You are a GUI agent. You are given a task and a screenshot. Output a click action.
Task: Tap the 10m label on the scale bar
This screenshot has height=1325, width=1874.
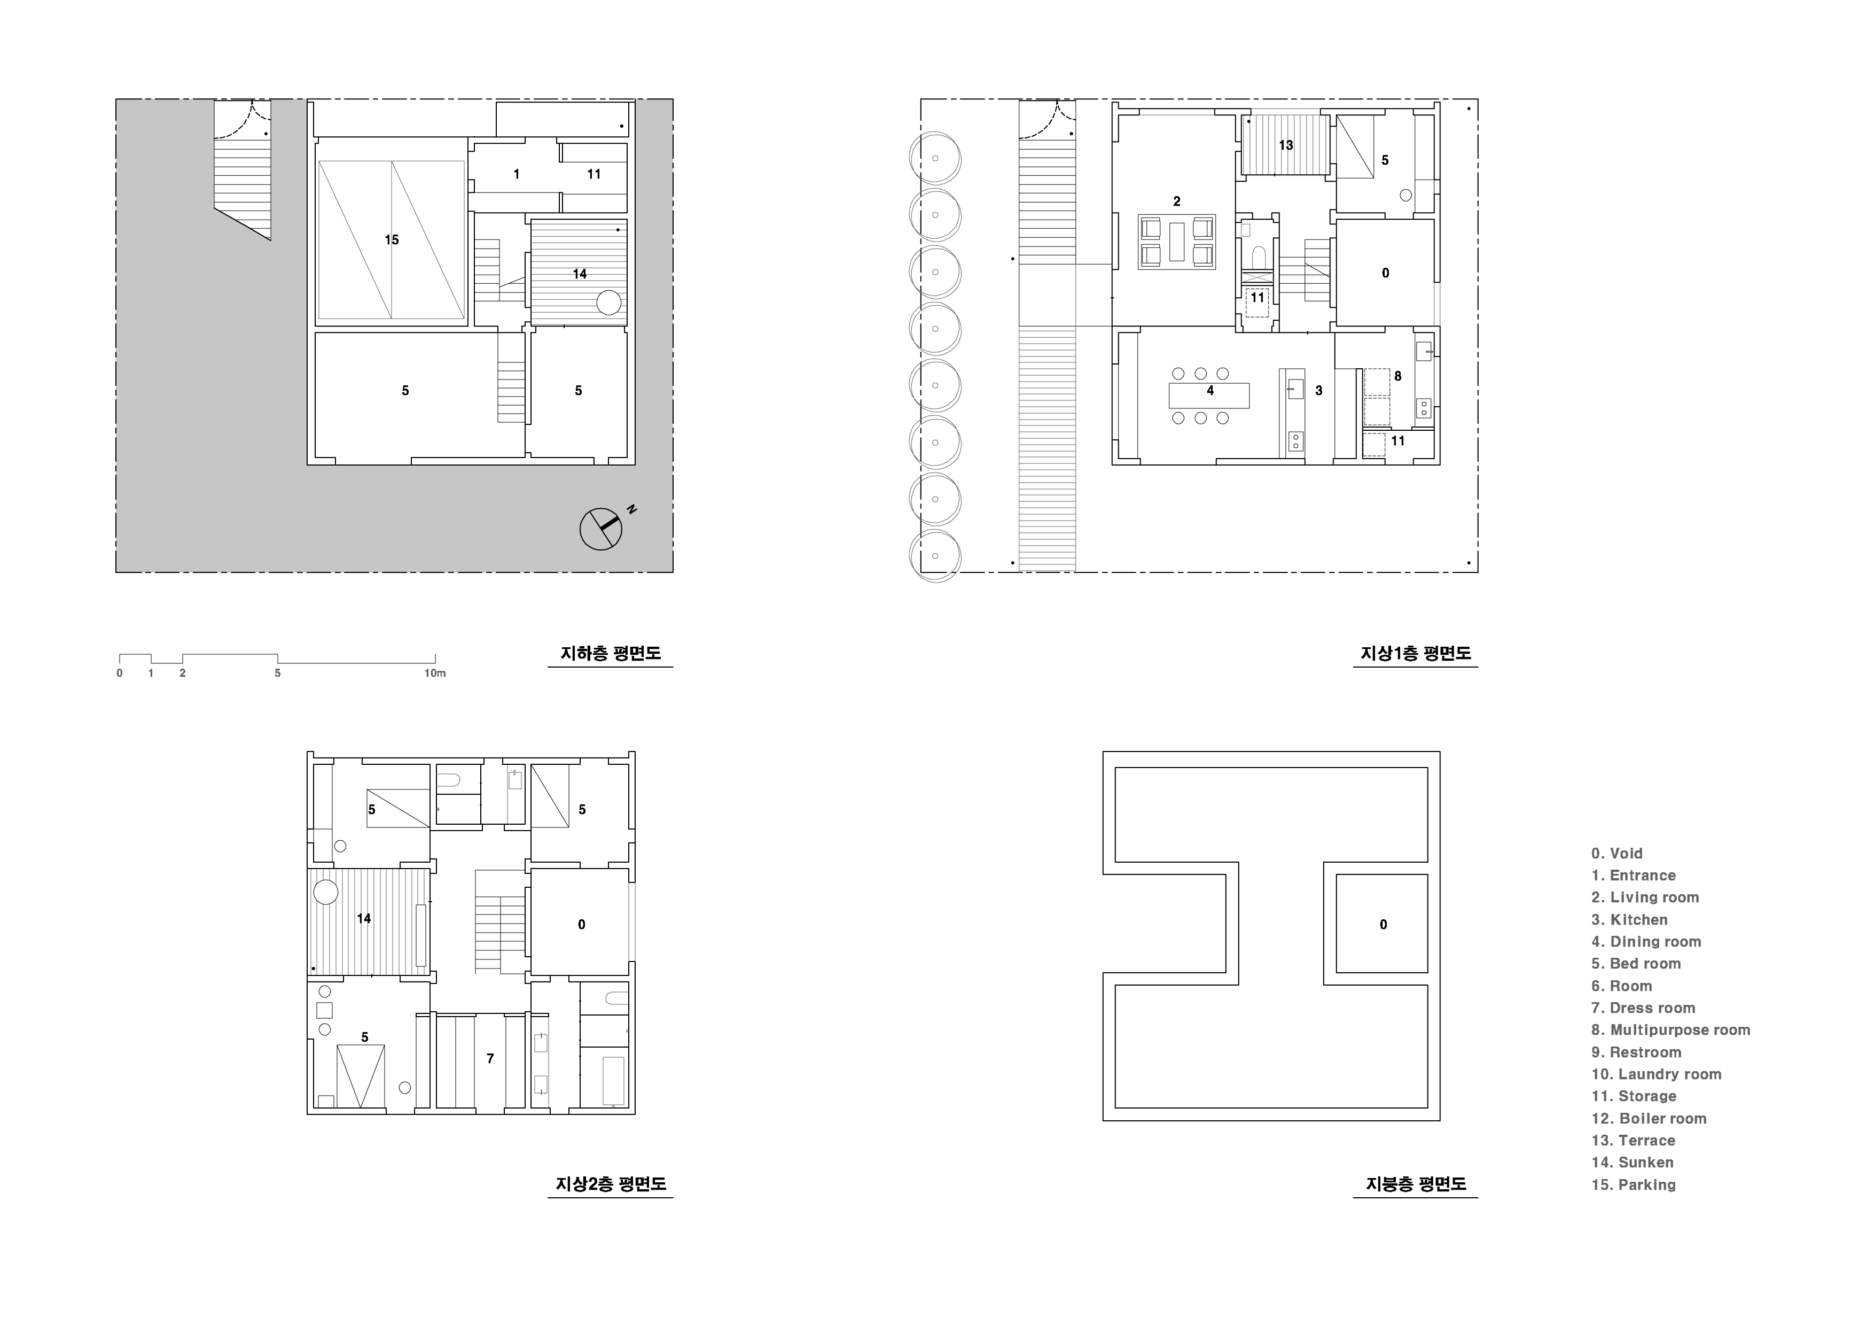point(435,673)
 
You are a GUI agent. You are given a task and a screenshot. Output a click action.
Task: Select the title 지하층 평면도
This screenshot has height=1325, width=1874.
point(611,654)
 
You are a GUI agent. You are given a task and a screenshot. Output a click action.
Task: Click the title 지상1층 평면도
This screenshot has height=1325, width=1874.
point(1415,654)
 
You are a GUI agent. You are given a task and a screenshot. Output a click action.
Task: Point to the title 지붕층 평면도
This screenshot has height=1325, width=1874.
point(1416,1184)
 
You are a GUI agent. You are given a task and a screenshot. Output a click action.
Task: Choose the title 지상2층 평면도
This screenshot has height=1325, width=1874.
point(611,1184)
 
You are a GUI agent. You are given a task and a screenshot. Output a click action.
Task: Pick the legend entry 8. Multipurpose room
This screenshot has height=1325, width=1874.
point(1671,1030)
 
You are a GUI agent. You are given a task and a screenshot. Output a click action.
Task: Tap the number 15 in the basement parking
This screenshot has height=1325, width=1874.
point(392,240)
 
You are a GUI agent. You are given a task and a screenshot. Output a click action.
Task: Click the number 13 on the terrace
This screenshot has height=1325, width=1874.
point(1285,145)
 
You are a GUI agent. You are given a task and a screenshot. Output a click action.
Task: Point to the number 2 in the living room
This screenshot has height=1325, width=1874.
point(1176,201)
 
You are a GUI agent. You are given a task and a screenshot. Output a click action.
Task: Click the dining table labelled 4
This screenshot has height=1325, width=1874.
point(1209,395)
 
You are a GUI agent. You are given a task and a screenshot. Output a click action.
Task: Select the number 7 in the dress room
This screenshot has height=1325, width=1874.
point(490,1059)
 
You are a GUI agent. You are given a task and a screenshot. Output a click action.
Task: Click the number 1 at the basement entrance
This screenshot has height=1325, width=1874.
point(517,174)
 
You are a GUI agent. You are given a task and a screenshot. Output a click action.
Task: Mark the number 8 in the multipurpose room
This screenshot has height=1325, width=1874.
point(1398,376)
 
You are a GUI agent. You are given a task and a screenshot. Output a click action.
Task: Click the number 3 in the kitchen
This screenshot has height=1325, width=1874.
point(1319,391)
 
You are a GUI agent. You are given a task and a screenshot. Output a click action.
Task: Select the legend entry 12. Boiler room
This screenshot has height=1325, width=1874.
point(1649,1119)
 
